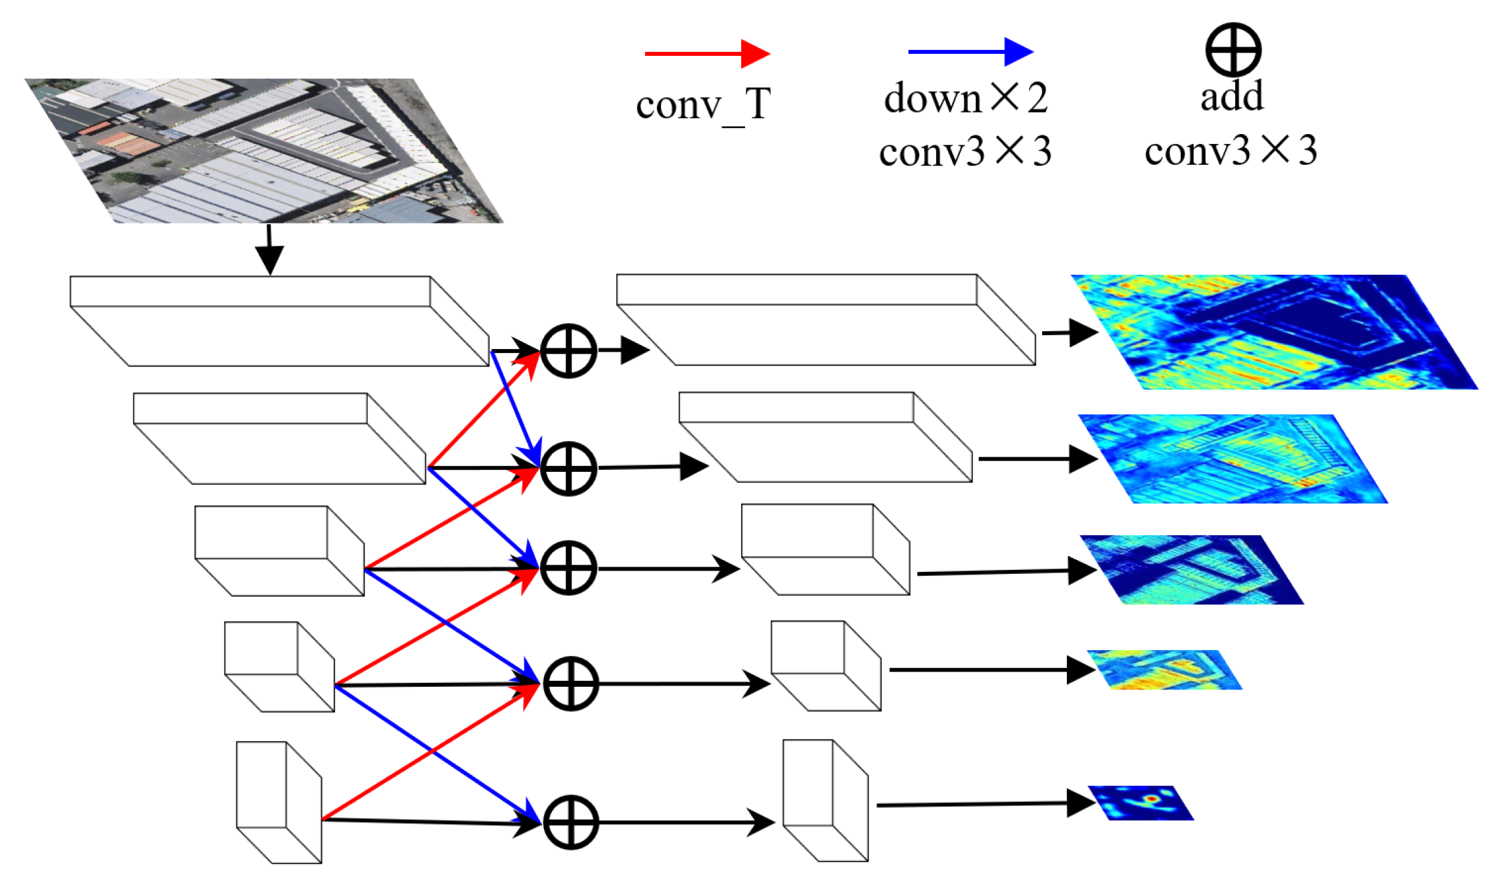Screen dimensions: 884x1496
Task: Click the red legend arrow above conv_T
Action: pos(706,53)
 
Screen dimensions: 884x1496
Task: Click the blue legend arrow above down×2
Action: pos(969,51)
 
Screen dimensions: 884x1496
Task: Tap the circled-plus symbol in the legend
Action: pos(1233,49)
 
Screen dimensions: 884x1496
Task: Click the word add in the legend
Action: pos(1231,96)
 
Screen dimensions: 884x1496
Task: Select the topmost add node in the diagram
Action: pos(568,350)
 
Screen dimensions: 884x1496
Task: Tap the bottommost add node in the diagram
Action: pos(570,822)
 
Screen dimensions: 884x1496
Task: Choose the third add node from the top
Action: pos(568,568)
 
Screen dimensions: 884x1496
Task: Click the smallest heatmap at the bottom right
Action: pos(1141,803)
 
